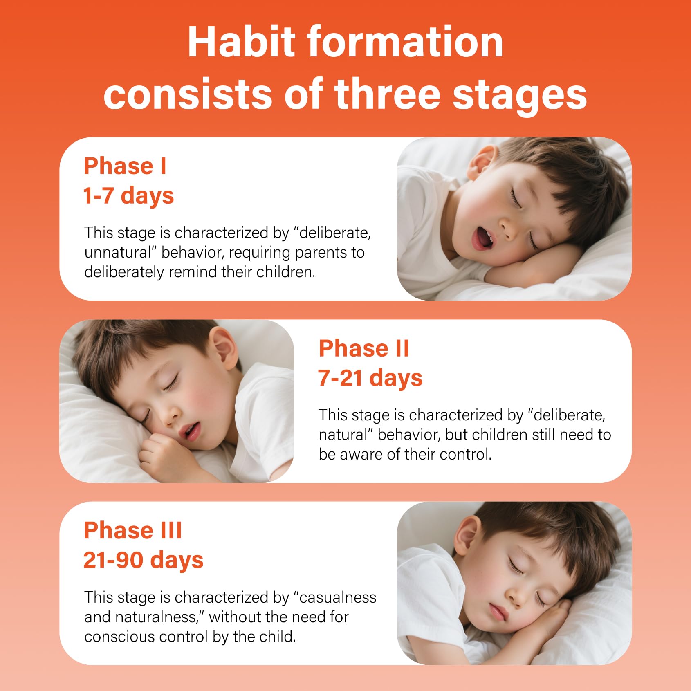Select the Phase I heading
click(125, 166)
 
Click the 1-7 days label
click(128, 196)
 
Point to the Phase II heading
click(363, 348)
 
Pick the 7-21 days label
click(370, 378)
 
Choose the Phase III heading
click(133, 531)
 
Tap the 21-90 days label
click(144, 561)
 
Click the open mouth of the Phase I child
click(482, 238)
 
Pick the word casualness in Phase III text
click(338, 597)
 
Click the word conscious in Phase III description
click(119, 637)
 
